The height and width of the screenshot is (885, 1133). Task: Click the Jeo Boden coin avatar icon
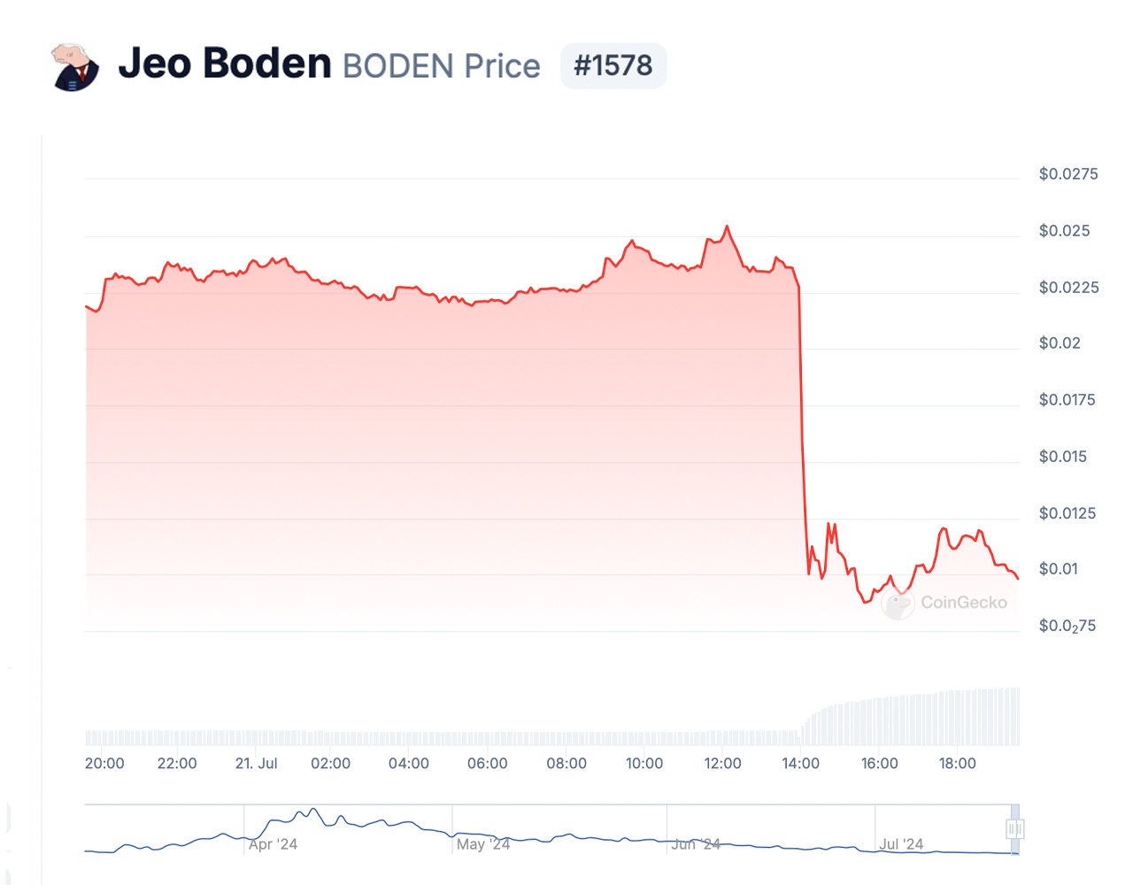coord(75,66)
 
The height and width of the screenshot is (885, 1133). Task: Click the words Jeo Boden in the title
coord(225,64)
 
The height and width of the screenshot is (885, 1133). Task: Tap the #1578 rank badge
coord(613,65)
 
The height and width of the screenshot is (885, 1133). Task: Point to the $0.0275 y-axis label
coord(1068,174)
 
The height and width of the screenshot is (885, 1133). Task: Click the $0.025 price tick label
coord(1064,231)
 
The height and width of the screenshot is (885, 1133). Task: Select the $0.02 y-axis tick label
coord(1060,343)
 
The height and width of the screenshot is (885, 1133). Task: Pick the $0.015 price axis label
coord(1062,457)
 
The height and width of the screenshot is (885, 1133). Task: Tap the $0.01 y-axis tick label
coord(1059,569)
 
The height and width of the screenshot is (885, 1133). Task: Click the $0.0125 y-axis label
coord(1067,513)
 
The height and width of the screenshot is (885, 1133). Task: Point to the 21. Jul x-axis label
coord(256,764)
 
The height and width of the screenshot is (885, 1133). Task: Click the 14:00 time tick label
coord(800,764)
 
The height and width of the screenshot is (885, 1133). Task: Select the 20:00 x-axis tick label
coord(104,764)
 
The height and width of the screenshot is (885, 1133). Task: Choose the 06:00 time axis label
coord(487,764)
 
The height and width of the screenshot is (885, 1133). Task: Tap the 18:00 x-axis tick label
coord(957,764)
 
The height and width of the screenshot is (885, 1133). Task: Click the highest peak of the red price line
coord(728,227)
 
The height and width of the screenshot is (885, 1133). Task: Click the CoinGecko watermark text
coord(963,603)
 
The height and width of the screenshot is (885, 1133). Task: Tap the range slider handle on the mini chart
coord(1014,829)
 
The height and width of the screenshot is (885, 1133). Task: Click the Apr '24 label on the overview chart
coord(273,844)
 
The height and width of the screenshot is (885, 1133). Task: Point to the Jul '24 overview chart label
coord(901,844)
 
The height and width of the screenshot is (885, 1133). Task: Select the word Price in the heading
coord(502,66)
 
